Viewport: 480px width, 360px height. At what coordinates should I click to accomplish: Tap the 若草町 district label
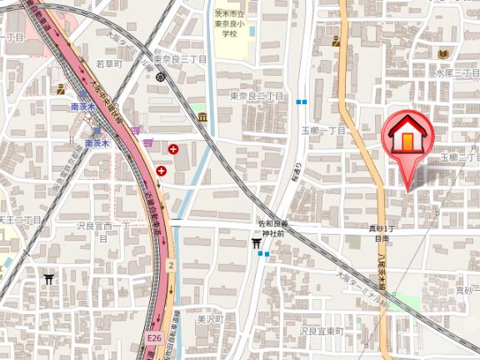tap(108, 63)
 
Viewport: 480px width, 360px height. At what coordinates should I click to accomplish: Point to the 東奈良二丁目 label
tap(257, 97)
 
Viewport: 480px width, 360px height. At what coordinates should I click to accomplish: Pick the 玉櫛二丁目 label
tap(460, 157)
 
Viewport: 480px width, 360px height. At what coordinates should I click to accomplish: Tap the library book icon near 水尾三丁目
tap(442, 54)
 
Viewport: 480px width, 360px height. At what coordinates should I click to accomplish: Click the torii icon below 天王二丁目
tap(49, 279)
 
